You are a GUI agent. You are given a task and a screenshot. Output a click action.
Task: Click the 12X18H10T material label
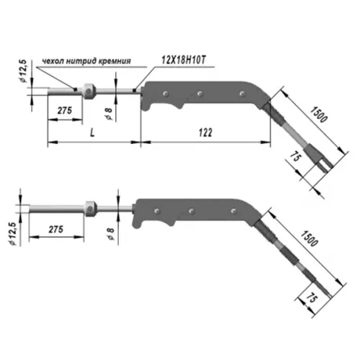[184, 60]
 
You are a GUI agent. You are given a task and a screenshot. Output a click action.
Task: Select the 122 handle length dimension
[205, 132]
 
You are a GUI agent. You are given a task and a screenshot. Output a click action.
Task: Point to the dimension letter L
[92, 132]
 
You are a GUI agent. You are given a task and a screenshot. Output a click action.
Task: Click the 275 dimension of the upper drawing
[65, 110]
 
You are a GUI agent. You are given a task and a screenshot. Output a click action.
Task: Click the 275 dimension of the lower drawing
[56, 229]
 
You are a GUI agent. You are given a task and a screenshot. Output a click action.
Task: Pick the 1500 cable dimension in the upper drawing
[319, 114]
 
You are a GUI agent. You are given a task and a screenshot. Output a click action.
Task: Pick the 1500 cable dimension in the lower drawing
[310, 238]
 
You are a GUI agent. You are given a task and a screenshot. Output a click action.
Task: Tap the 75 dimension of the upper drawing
[295, 156]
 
